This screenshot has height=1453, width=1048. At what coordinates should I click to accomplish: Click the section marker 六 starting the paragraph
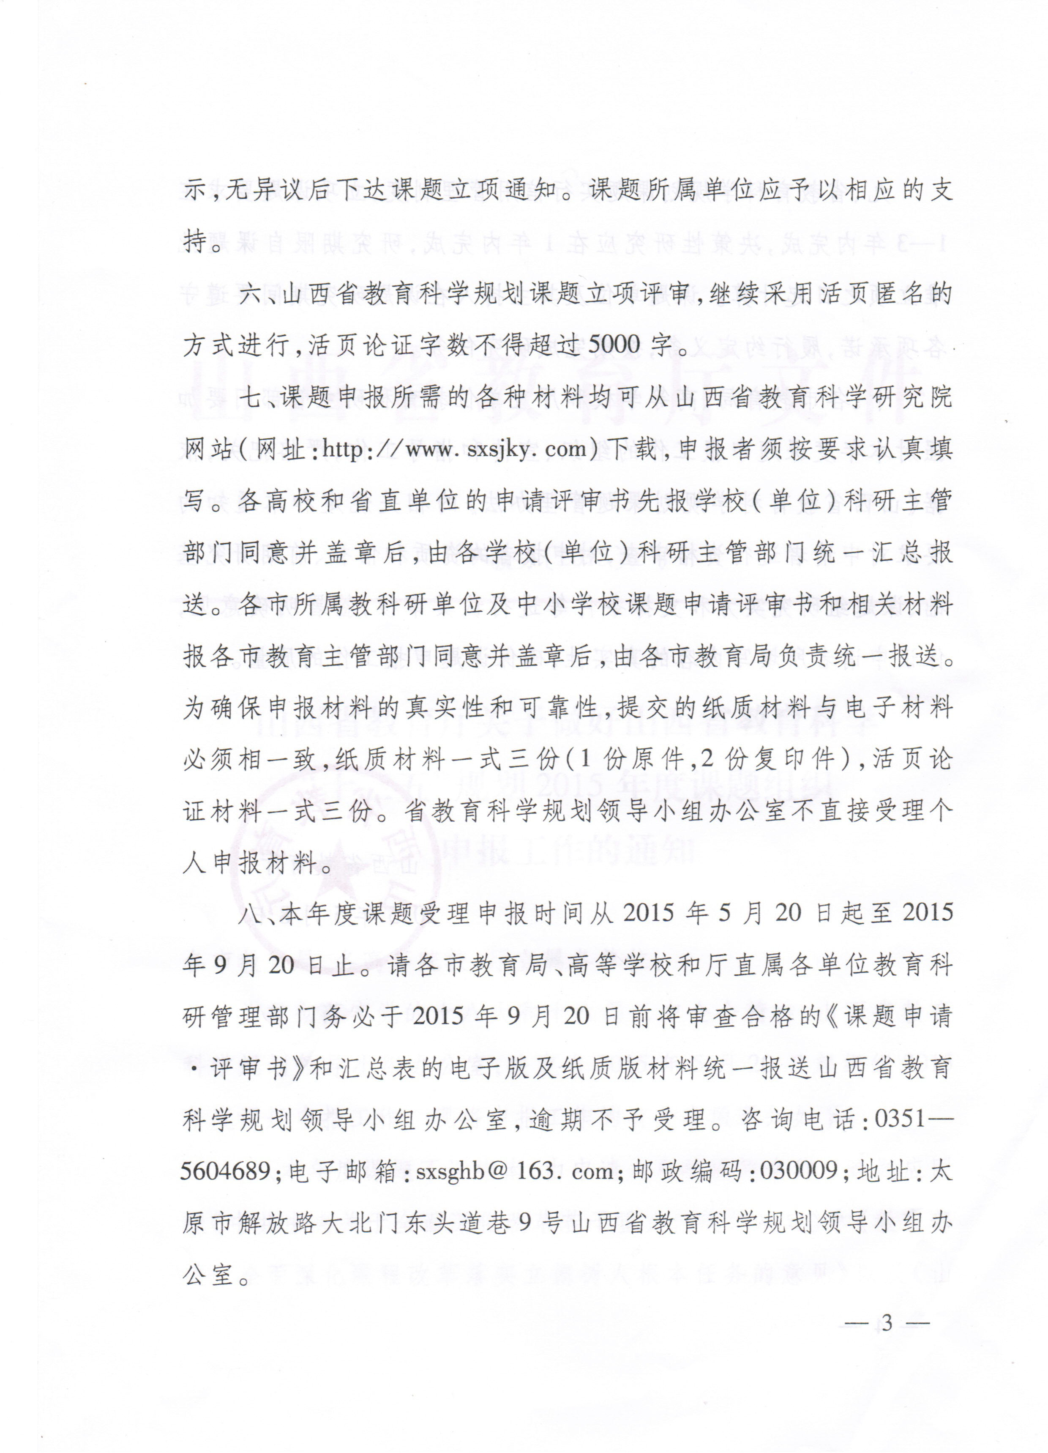click(250, 294)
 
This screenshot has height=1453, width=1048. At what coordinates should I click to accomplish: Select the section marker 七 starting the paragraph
click(250, 398)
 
